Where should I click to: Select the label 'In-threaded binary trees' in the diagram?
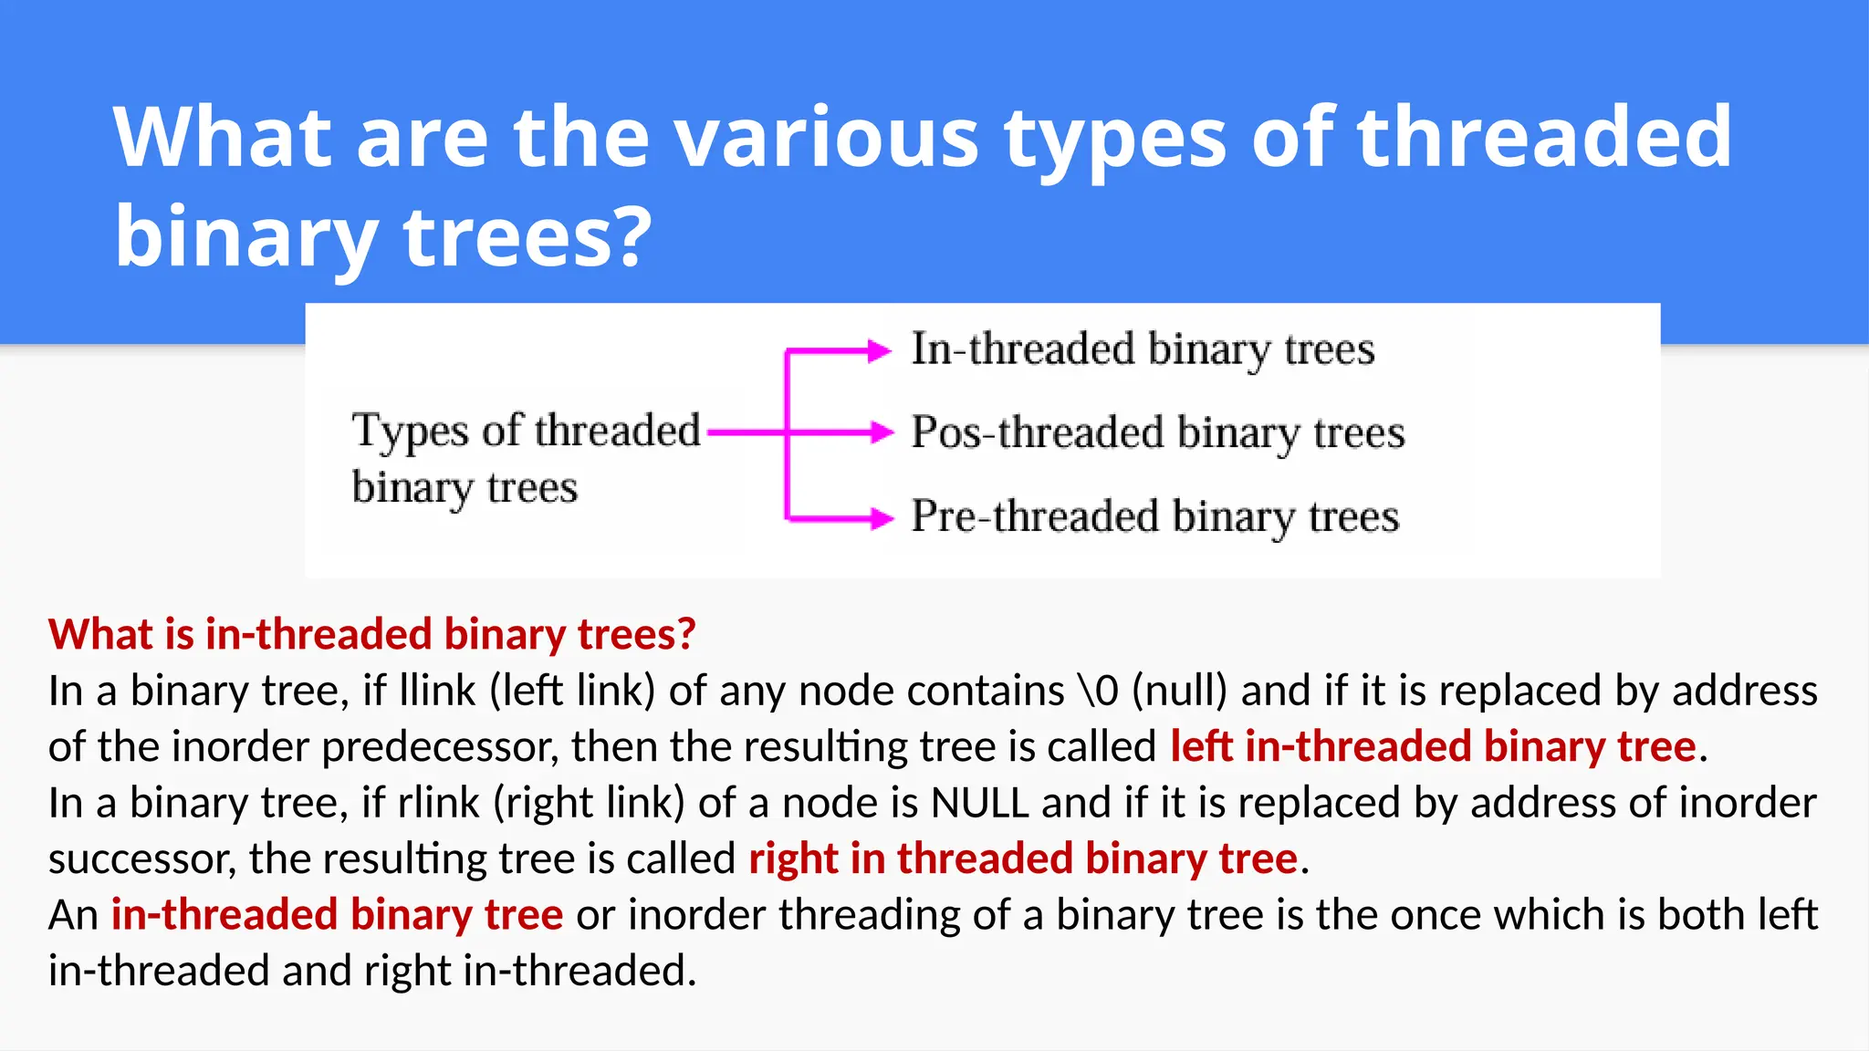pos(1143,349)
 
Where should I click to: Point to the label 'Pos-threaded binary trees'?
pos(1157,432)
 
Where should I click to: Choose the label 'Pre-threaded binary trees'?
pos(1154,516)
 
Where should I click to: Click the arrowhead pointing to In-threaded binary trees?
pos(880,350)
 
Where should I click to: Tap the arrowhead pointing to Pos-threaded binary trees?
pos(882,432)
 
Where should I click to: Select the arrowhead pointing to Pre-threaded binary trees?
pos(882,518)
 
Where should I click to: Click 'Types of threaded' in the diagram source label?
pos(526,431)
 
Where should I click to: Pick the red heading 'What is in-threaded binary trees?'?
pos(371,634)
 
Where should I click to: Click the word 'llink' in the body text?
pos(437,691)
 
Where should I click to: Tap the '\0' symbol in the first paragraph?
pos(1098,691)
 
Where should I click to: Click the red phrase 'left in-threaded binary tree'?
pos(1433,747)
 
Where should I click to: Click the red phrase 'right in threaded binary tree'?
pos(1023,859)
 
